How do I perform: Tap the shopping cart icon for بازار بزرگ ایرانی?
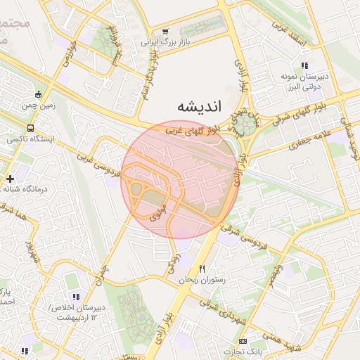click(x=165, y=32)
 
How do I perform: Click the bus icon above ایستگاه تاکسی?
click(x=30, y=128)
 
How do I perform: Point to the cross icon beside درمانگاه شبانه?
click(x=9, y=179)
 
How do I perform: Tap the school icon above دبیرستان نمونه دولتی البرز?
click(x=304, y=65)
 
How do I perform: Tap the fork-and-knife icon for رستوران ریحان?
click(x=202, y=269)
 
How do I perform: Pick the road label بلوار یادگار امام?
click(x=143, y=84)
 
